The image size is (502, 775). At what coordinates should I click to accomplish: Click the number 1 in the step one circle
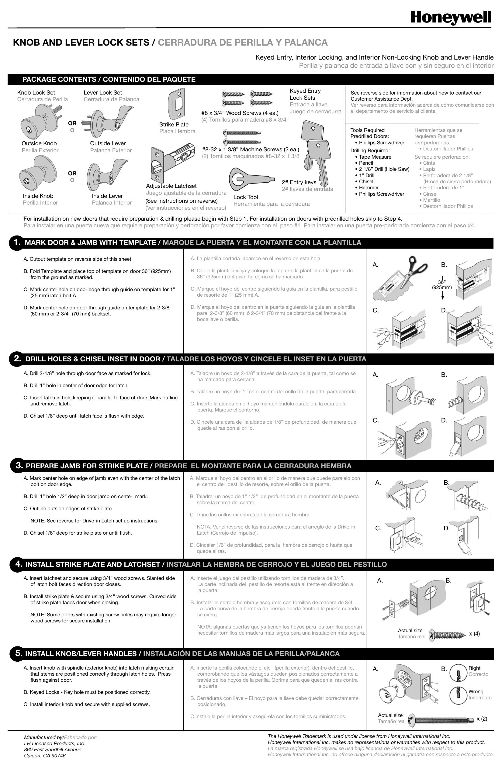[x=17, y=242]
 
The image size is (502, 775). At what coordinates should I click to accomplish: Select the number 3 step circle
[x=19, y=465]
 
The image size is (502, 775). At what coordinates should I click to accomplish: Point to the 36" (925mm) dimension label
[x=442, y=284]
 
